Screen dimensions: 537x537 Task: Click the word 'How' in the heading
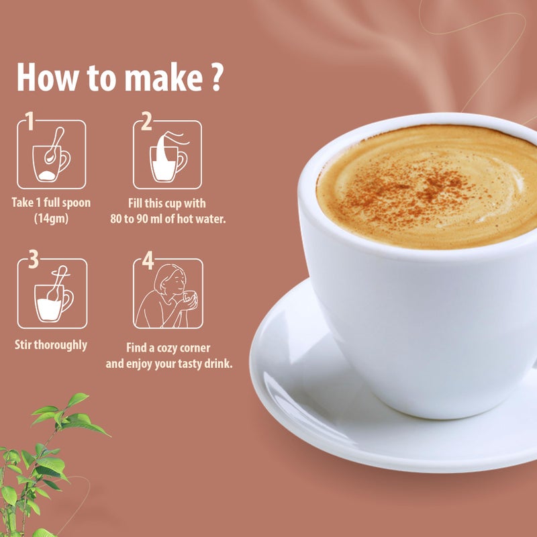[x=46, y=77]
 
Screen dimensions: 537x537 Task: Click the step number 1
[x=28, y=120]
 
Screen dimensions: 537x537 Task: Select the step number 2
[x=146, y=120]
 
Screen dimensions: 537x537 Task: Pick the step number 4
[x=147, y=260]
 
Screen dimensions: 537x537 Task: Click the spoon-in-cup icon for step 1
[x=52, y=156]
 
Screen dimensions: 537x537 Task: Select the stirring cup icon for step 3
[x=52, y=295]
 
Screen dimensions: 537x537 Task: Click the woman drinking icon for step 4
[x=168, y=295]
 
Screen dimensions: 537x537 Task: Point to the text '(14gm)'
[x=51, y=217]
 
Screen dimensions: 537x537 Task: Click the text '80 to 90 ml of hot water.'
[x=167, y=217]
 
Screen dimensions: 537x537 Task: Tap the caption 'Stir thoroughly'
[x=51, y=346]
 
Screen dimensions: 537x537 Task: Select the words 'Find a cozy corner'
[x=168, y=348]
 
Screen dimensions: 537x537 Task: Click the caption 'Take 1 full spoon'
[x=51, y=202]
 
